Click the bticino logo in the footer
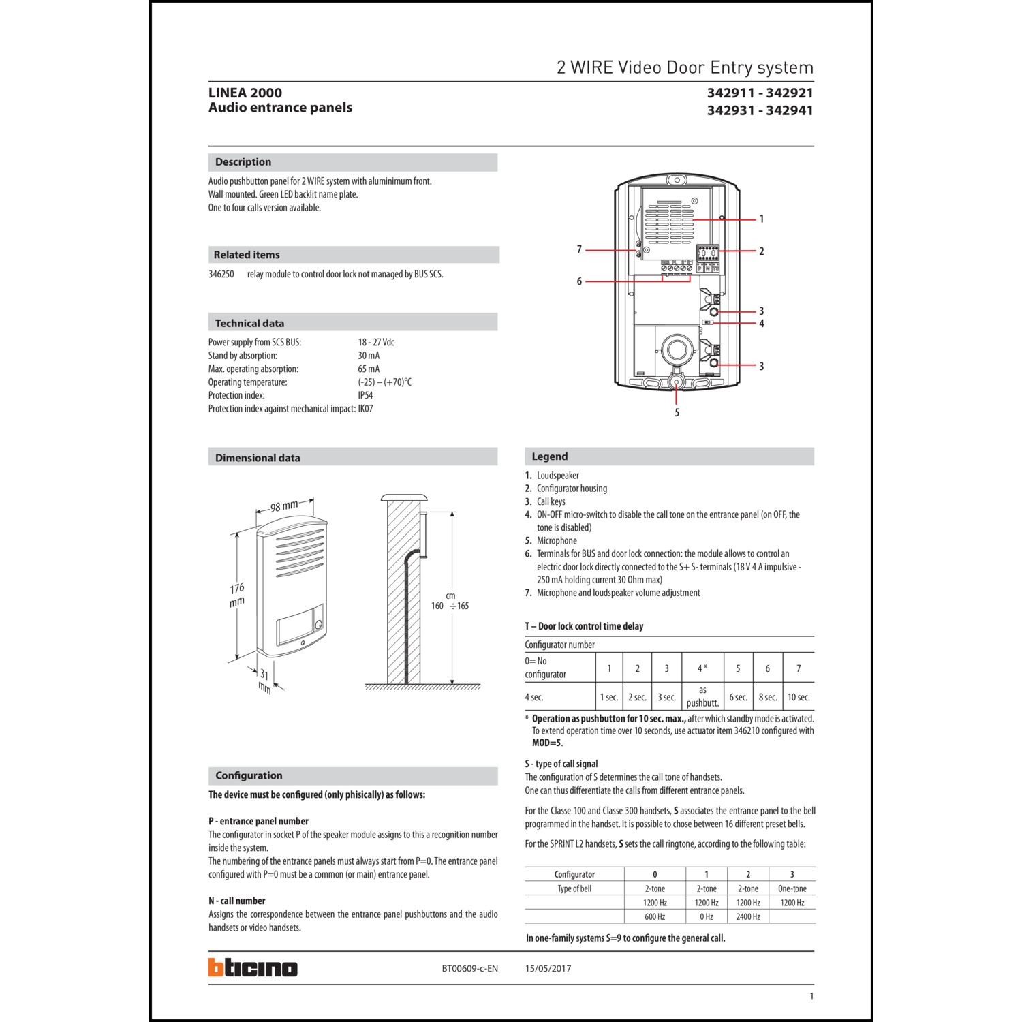click(x=253, y=967)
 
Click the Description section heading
click(x=243, y=162)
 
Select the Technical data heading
click(x=249, y=323)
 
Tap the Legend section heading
click(x=549, y=456)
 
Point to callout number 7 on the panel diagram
click(x=579, y=250)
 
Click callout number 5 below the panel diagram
click(x=677, y=412)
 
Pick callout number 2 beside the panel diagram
click(x=761, y=251)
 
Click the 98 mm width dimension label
click(x=284, y=506)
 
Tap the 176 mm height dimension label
click(x=236, y=595)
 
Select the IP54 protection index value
click(x=365, y=395)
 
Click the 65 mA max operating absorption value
click(x=369, y=369)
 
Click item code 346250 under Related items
click(x=221, y=274)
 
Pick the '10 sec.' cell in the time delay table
click(x=799, y=697)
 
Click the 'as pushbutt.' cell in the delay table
click(x=702, y=696)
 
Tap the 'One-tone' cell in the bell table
click(x=792, y=888)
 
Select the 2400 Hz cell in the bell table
click(x=747, y=916)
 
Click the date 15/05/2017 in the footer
click(x=548, y=968)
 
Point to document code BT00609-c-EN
click(x=469, y=968)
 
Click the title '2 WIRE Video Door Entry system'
click(x=685, y=67)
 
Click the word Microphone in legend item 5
click(x=557, y=540)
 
